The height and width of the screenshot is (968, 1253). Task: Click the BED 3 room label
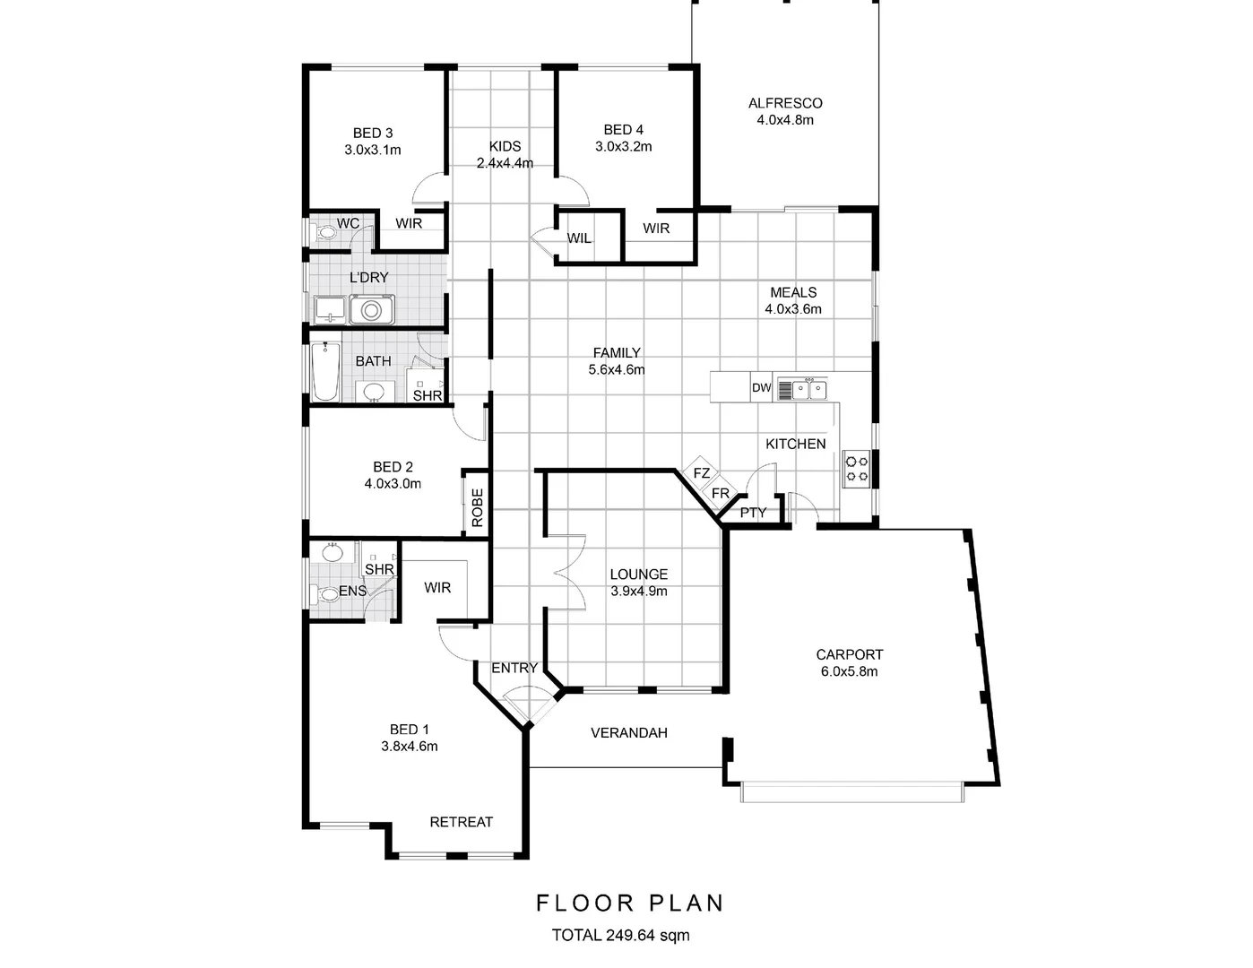(372, 133)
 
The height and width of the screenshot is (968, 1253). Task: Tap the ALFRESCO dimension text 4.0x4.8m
(784, 120)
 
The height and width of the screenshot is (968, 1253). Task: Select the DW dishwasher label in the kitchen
(761, 388)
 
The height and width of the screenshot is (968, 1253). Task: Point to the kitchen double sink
(810, 389)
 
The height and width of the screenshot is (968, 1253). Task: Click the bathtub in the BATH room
(324, 372)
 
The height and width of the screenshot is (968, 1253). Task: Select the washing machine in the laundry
(371, 310)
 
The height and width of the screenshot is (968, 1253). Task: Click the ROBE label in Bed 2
(477, 506)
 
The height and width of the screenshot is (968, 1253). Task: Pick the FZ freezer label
(701, 473)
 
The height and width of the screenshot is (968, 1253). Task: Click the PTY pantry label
(753, 513)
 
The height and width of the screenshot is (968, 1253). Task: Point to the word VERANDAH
(628, 733)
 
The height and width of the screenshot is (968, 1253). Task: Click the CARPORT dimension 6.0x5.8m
(849, 671)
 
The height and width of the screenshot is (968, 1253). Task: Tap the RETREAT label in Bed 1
(461, 822)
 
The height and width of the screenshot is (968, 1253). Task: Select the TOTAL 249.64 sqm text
(620, 936)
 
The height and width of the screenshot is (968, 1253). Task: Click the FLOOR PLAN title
(629, 903)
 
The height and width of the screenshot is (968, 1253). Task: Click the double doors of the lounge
(565, 572)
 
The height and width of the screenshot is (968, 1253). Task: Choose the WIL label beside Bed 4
(579, 238)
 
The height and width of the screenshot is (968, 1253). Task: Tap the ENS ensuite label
(352, 592)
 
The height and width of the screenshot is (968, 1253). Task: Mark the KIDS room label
(505, 146)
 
